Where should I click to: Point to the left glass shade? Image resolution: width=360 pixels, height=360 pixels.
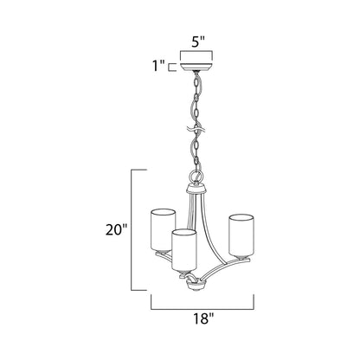(x=161, y=228)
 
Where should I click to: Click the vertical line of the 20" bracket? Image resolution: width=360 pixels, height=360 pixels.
(x=132, y=229)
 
